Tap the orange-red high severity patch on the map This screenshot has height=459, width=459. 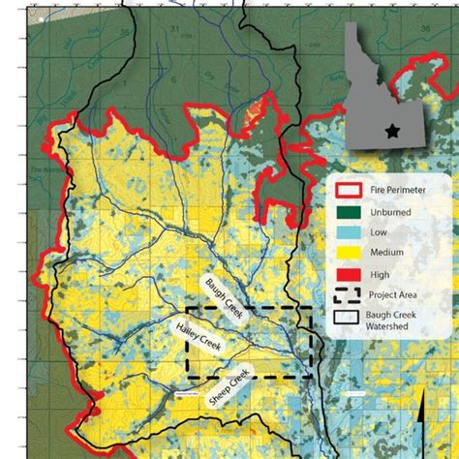coord(256,113)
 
